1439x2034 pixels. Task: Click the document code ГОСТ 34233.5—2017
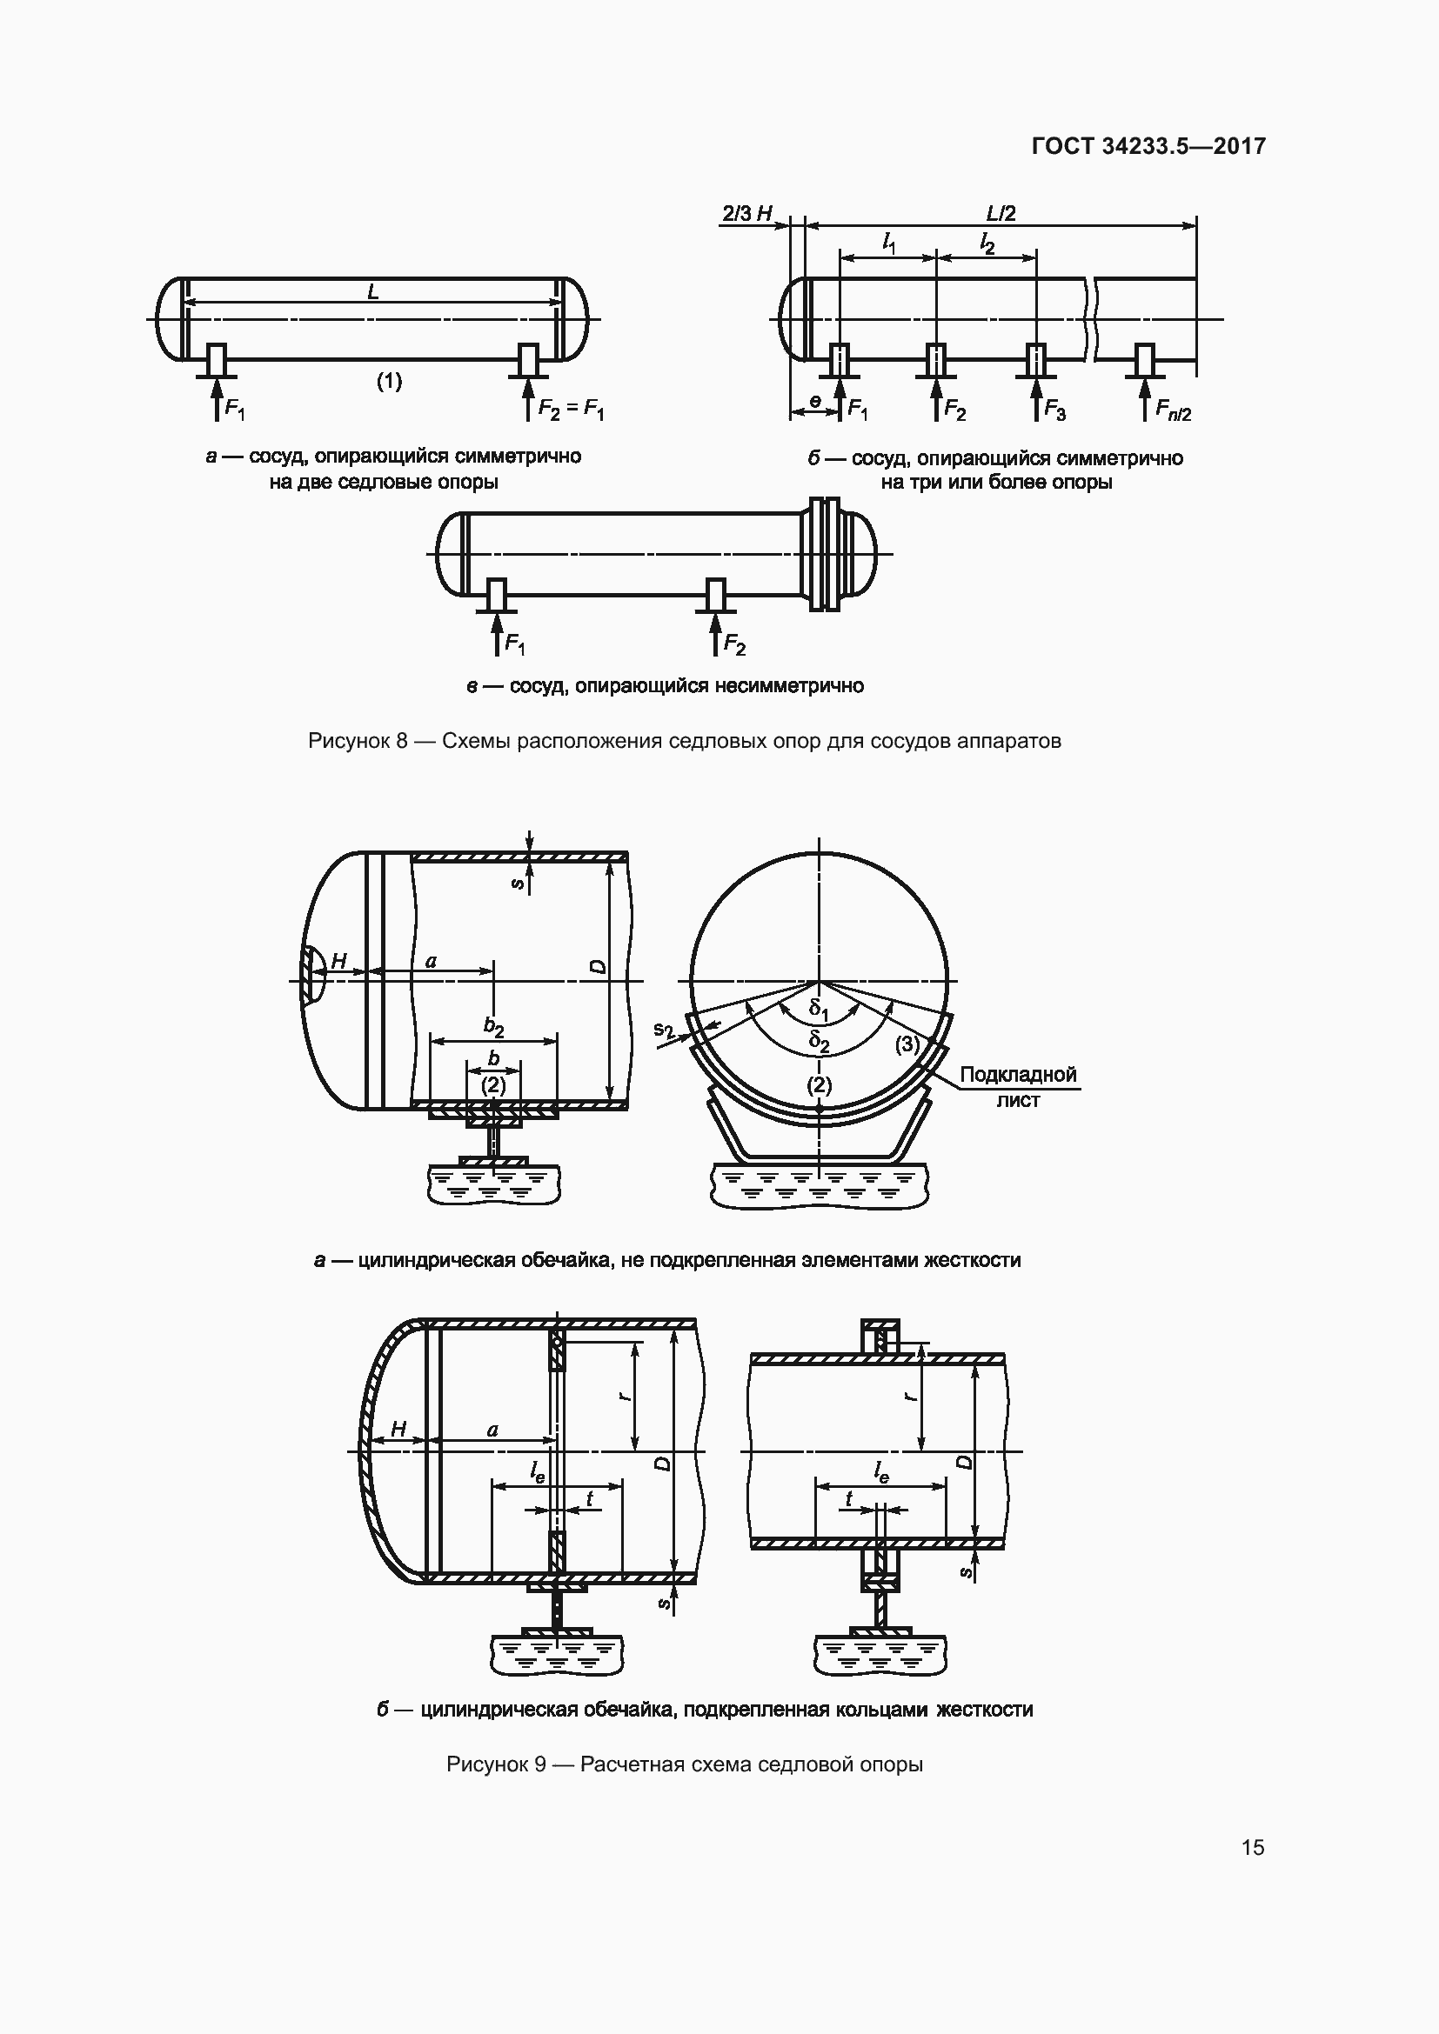(1148, 146)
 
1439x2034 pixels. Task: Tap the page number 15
(1253, 1847)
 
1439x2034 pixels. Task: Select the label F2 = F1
(572, 410)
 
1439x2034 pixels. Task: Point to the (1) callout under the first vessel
(389, 381)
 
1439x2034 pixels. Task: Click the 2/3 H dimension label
(747, 214)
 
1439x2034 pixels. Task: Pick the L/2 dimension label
(1001, 214)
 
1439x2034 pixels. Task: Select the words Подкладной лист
(1018, 1087)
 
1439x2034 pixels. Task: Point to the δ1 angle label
(819, 1009)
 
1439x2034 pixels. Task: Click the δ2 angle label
(820, 1041)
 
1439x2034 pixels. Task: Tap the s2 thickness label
(665, 1030)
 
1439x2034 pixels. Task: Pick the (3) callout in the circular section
(907, 1044)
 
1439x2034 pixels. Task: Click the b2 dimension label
(493, 1027)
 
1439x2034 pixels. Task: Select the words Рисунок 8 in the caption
(357, 741)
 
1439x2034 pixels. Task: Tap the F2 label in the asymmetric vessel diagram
(734, 644)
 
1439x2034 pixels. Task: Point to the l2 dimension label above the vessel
(987, 242)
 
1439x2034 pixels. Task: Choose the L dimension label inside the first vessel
(373, 290)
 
